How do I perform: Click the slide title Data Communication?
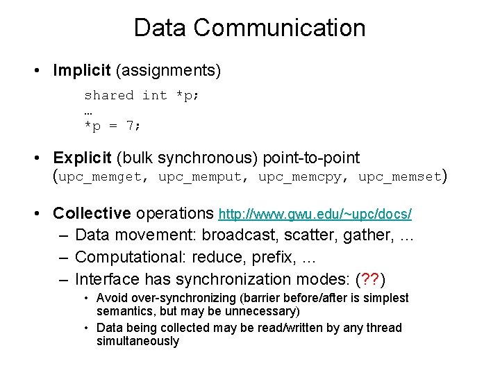tap(249, 28)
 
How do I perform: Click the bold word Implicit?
tap(82, 71)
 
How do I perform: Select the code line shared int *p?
tap(141, 96)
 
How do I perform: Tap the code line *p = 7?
tap(112, 126)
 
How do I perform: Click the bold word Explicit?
tap(83, 158)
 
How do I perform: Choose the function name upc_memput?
tap(200, 177)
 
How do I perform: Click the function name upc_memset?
tap(400, 177)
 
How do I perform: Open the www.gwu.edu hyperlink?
tap(315, 214)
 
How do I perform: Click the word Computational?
tap(124, 257)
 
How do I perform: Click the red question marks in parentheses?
tap(369, 280)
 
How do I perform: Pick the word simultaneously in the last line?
tap(137, 342)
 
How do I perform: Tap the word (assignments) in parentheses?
tap(168, 71)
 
